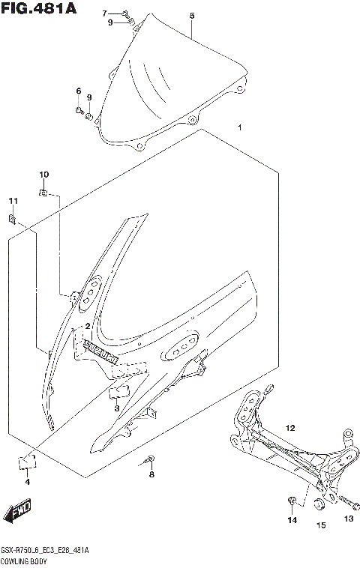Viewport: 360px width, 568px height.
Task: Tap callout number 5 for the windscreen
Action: [x=192, y=16]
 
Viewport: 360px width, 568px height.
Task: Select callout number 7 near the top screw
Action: [x=105, y=13]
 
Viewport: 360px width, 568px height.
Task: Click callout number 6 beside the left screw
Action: [x=77, y=91]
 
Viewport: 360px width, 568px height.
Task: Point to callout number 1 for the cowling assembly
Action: [x=239, y=128]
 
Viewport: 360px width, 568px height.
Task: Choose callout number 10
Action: [x=43, y=175]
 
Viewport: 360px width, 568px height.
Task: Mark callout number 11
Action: [x=12, y=201]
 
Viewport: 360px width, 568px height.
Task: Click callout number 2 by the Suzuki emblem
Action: [x=88, y=326]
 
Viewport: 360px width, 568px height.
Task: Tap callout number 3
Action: [x=116, y=408]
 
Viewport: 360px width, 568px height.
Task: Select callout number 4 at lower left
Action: [x=27, y=482]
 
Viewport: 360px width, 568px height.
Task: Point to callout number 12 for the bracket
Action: [x=289, y=428]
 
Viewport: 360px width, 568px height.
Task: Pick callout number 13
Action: [x=347, y=519]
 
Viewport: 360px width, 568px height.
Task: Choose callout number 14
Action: [x=292, y=519]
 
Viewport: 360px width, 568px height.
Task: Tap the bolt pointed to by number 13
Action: [x=344, y=500]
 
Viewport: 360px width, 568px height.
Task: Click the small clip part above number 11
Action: [x=13, y=218]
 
